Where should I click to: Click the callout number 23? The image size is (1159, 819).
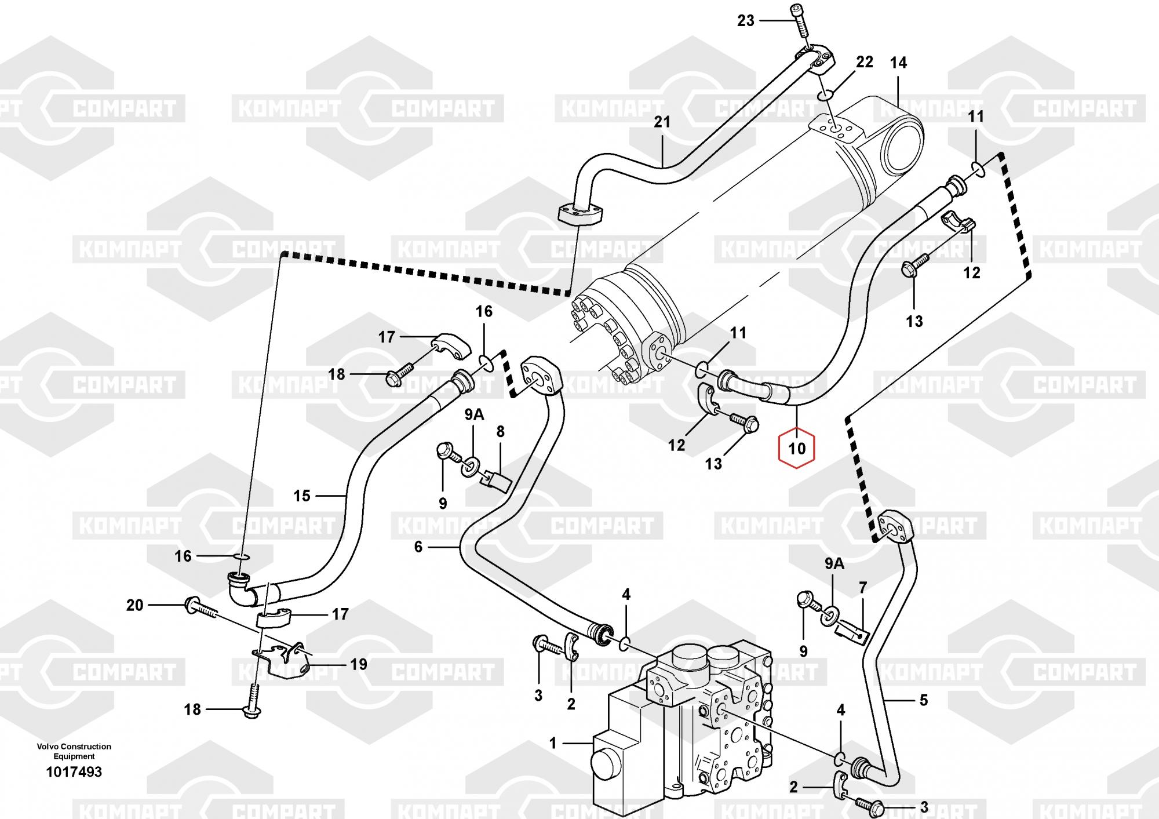745,21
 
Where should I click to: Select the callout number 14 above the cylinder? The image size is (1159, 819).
898,63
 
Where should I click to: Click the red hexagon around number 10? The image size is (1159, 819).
797,447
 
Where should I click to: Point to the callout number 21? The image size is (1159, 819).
662,122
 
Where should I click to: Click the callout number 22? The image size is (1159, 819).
865,62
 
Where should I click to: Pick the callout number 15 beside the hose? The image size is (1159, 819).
302,496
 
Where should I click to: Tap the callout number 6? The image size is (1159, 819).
418,547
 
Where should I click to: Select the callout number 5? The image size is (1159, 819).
924,700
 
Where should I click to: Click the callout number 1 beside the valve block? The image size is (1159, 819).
553,743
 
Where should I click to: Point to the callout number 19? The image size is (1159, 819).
359,664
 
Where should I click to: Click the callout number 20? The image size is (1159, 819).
134,605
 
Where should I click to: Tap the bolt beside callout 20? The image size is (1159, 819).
201,607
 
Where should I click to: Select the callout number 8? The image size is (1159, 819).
501,432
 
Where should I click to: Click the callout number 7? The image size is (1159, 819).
862,588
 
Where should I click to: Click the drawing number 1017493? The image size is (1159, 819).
74,772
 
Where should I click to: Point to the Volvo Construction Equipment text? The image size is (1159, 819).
74,751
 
